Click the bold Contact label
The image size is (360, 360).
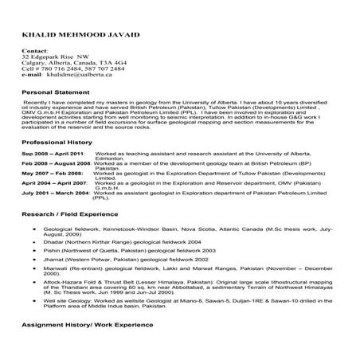(35, 52)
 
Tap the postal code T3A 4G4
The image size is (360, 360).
(111, 63)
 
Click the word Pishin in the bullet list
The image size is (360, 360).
(53, 249)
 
